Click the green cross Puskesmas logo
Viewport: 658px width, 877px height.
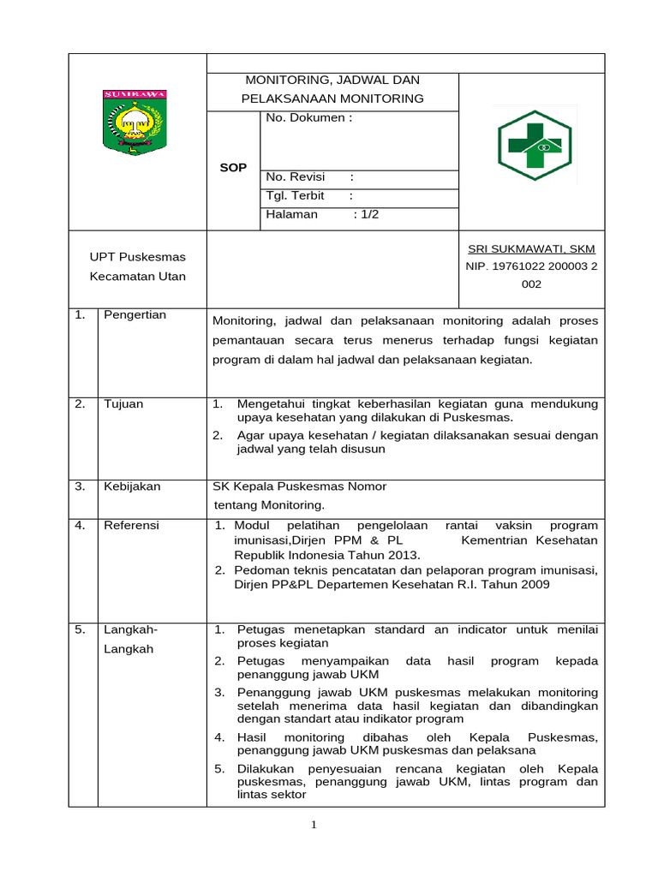[535, 146]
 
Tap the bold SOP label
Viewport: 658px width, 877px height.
[233, 168]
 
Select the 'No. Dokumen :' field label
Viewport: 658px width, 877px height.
[308, 117]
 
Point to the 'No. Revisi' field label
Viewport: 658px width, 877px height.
[296, 176]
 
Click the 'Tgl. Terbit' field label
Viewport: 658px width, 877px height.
[296, 195]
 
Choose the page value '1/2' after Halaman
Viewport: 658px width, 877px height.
[369, 214]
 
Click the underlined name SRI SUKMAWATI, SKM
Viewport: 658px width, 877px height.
[531, 248]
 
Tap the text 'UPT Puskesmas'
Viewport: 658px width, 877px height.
[138, 257]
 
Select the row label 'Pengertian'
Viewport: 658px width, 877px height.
[135, 314]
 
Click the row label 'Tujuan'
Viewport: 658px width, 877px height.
[123, 403]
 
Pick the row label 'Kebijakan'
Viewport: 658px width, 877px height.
[132, 486]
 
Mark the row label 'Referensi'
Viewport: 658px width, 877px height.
[131, 525]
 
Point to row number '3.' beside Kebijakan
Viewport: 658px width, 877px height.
[80, 486]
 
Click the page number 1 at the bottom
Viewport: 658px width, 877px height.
[314, 825]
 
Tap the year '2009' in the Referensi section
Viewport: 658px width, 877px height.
[533, 584]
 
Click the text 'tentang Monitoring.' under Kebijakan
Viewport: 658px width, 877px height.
[269, 504]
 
